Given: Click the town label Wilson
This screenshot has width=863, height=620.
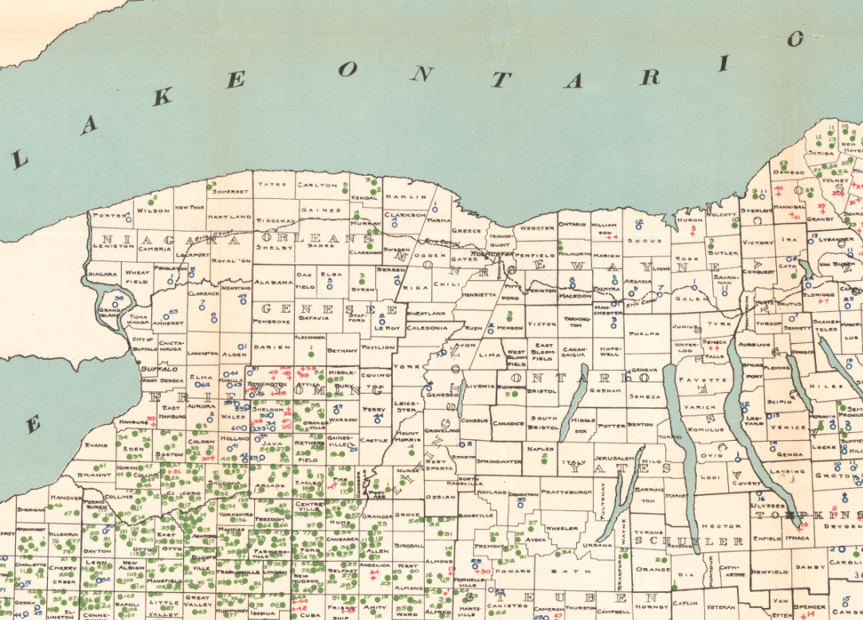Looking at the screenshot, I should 153,211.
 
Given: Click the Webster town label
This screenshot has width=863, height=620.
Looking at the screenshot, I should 536,228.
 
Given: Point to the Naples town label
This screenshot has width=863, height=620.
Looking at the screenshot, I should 540,449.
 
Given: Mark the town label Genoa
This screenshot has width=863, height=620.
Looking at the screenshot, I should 790,454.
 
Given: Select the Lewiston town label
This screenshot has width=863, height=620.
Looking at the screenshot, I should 112,246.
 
